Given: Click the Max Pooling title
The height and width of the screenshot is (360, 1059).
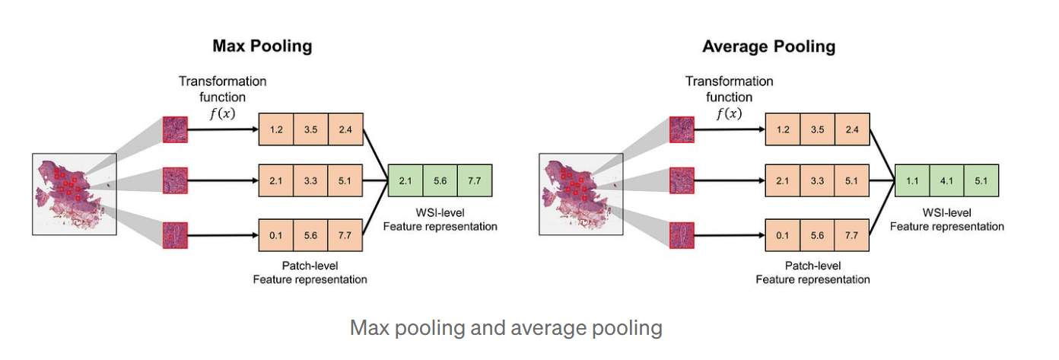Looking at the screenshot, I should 262,46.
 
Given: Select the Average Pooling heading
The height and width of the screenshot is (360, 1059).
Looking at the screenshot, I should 768,46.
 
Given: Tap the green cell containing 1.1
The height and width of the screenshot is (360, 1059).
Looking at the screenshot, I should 911,180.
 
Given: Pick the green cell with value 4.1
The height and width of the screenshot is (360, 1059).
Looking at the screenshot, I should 946,180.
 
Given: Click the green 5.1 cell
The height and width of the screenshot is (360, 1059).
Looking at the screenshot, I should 981,180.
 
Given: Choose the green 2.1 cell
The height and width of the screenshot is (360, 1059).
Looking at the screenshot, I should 405,180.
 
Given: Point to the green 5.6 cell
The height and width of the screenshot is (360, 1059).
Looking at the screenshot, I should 440,180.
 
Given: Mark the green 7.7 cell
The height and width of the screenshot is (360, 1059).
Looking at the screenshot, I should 475,180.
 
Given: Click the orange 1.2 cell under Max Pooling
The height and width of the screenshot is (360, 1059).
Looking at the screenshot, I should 276,129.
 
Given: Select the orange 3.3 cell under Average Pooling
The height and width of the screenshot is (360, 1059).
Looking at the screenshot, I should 818,180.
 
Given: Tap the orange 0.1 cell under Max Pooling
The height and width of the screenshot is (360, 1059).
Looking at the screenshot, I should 276,234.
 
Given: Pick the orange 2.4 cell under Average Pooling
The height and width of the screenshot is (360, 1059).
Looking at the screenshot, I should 853,129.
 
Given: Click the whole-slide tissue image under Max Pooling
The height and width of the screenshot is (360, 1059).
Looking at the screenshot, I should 74,194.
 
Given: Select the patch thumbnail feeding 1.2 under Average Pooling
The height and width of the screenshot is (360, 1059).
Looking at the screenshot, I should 682,129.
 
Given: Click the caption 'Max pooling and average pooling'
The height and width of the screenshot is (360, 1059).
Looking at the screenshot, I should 505,328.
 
